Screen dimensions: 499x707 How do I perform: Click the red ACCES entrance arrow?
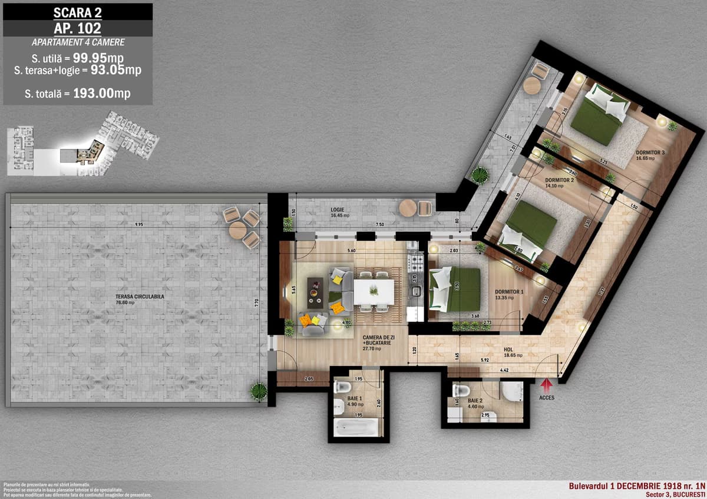pos(546,385)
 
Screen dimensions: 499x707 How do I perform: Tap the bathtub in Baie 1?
pos(355,427)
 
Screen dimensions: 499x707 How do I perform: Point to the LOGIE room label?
pos(338,209)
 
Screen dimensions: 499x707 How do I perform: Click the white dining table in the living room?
pos(374,291)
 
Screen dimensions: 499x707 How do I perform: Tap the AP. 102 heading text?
pos(77,28)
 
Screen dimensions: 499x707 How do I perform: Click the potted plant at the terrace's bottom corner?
pos(258,390)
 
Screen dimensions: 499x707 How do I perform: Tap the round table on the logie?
pos(407,208)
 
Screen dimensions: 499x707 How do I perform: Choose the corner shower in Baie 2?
pos(512,391)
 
